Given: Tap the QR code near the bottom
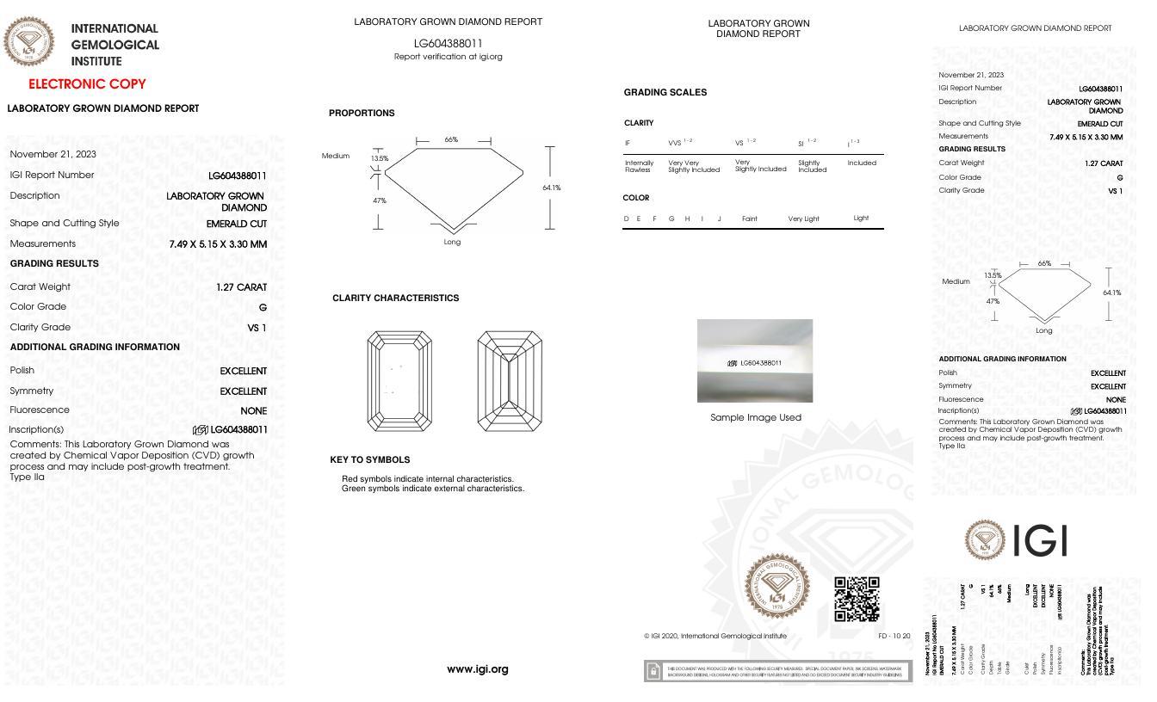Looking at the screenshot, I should [857, 599].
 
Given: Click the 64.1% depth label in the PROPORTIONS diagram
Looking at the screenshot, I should [551, 188].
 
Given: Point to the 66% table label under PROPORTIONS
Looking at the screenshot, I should [451, 139].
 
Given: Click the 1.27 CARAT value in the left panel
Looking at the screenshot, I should [242, 287].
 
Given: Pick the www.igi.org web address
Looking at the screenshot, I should [478, 669].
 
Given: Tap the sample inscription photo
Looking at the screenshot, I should [754, 360].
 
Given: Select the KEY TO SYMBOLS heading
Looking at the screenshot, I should [369, 459].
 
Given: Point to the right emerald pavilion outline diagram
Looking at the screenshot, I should [509, 381].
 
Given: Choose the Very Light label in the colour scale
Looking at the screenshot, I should [803, 219].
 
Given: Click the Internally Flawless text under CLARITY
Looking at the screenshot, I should [639, 166].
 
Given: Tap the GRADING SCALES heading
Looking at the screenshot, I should [665, 92].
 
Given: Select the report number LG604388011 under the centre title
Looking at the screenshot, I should [448, 43].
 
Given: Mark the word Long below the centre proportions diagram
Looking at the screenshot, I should [452, 242].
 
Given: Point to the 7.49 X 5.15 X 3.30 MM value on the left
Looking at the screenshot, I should [218, 244].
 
